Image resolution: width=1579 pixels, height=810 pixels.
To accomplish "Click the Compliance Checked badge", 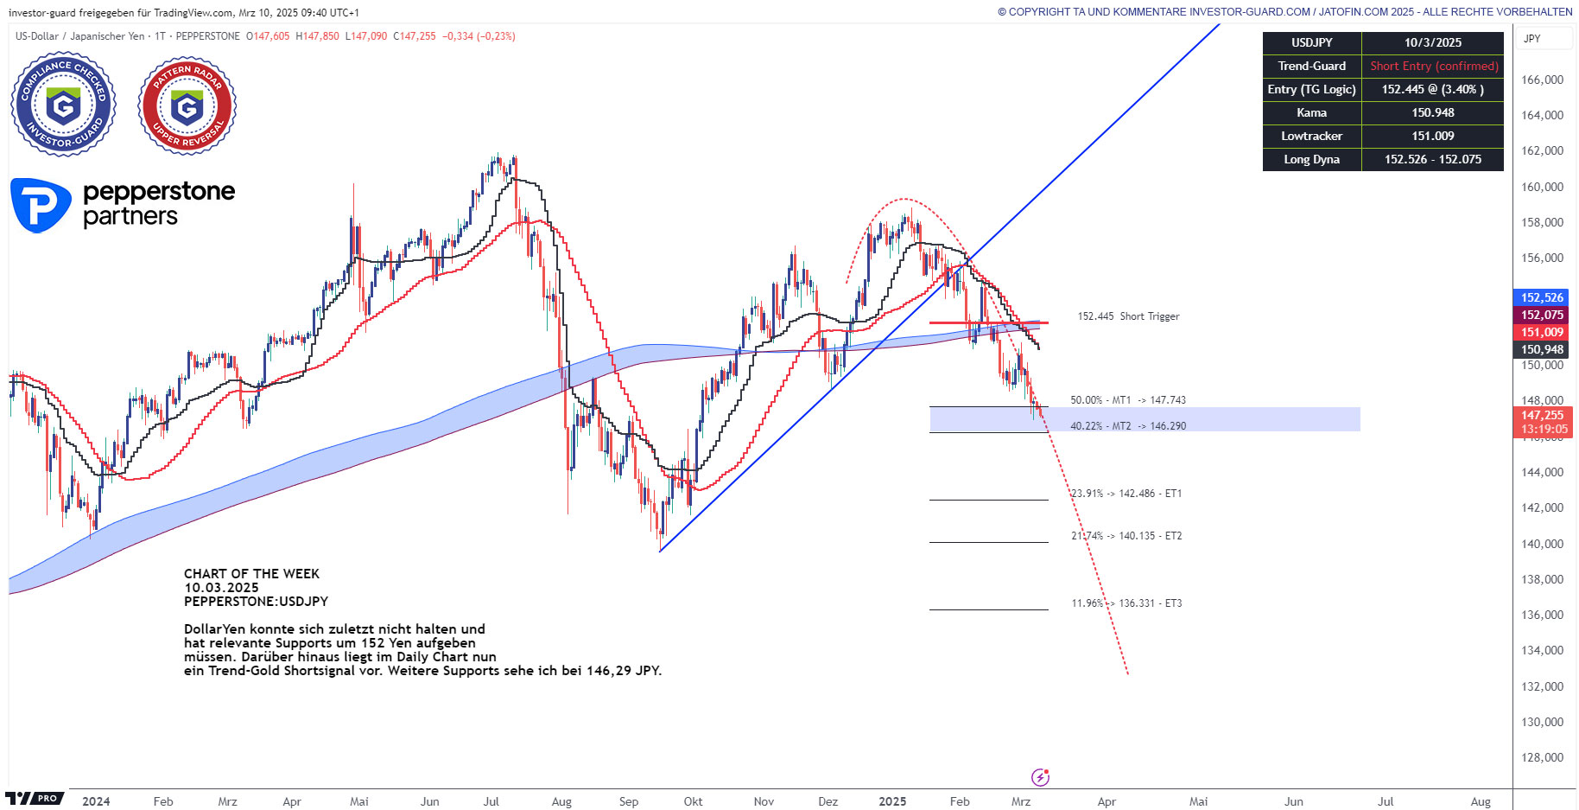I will coord(63,105).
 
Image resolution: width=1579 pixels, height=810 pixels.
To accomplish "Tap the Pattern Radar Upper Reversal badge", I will coord(187,105).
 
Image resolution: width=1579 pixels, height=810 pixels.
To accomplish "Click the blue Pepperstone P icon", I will coord(40,206).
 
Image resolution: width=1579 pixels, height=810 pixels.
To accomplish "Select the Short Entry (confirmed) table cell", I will coord(1433,66).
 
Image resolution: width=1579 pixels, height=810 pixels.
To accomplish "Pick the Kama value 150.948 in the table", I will coord(1432,112).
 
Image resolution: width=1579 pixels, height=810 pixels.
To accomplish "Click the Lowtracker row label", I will coord(1311,136).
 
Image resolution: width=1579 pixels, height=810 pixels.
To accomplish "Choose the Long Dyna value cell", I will coord(1432,159).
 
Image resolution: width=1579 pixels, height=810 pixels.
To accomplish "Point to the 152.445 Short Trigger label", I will coord(1127,316).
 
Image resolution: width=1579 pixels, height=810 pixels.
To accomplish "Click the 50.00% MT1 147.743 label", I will coord(1127,400).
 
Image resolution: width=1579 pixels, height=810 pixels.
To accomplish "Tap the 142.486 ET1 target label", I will coord(1126,494).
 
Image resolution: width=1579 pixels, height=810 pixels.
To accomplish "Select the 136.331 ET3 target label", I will coord(1126,603).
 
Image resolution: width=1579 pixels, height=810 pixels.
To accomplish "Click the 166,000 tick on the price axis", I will coord(1542,80).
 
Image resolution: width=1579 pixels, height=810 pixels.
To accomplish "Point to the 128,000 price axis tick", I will coord(1542,757).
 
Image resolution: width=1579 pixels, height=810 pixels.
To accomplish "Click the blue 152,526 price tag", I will coord(1542,297).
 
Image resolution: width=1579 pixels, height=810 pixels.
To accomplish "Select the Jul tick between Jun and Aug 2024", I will coord(491,801).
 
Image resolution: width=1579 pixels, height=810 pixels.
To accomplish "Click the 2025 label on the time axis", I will coord(892,801).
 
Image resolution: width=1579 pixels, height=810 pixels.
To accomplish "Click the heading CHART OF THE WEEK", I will coord(251,574).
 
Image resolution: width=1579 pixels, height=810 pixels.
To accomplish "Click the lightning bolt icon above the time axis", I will coord(1040,777).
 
